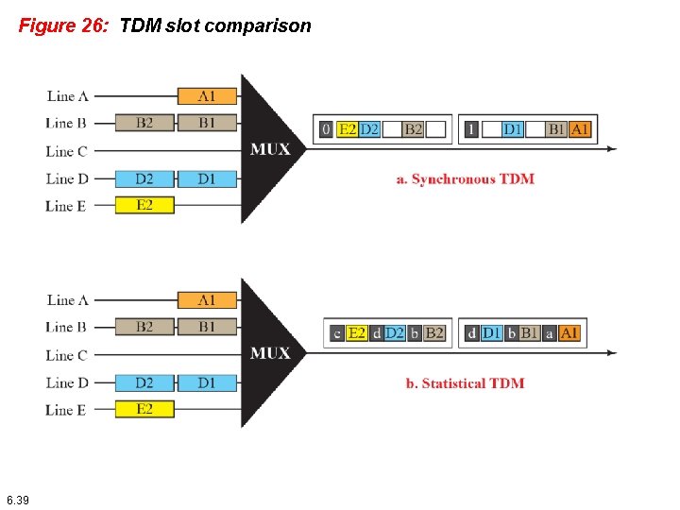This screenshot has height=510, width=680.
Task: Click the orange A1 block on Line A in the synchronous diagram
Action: [x=207, y=95]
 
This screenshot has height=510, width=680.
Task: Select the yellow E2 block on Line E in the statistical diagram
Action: [x=144, y=409]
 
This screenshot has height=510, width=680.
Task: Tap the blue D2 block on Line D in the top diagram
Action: [x=144, y=178]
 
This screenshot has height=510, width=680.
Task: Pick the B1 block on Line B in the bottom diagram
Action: [x=207, y=327]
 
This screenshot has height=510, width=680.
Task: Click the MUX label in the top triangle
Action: [x=270, y=149]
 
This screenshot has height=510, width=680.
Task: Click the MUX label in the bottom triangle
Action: [x=270, y=353]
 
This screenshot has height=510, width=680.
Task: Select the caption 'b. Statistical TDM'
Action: [x=465, y=382]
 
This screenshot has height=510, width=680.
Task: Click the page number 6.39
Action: [x=17, y=500]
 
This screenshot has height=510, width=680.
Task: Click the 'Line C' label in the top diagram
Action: [x=67, y=151]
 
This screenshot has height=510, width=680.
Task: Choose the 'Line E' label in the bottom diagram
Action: [x=67, y=410]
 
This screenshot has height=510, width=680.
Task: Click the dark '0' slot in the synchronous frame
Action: [x=326, y=129]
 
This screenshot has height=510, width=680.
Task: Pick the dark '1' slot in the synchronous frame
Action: [x=470, y=129]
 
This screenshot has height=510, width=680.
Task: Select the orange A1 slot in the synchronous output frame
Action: [x=580, y=129]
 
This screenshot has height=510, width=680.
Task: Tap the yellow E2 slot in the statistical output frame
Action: [x=357, y=333]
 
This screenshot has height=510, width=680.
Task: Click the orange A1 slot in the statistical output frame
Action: [x=569, y=333]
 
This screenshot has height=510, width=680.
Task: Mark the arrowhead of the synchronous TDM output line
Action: [x=612, y=149]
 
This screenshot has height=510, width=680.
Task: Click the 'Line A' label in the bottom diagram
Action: [x=67, y=300]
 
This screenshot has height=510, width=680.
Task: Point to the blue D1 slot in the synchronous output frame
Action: [x=512, y=129]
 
